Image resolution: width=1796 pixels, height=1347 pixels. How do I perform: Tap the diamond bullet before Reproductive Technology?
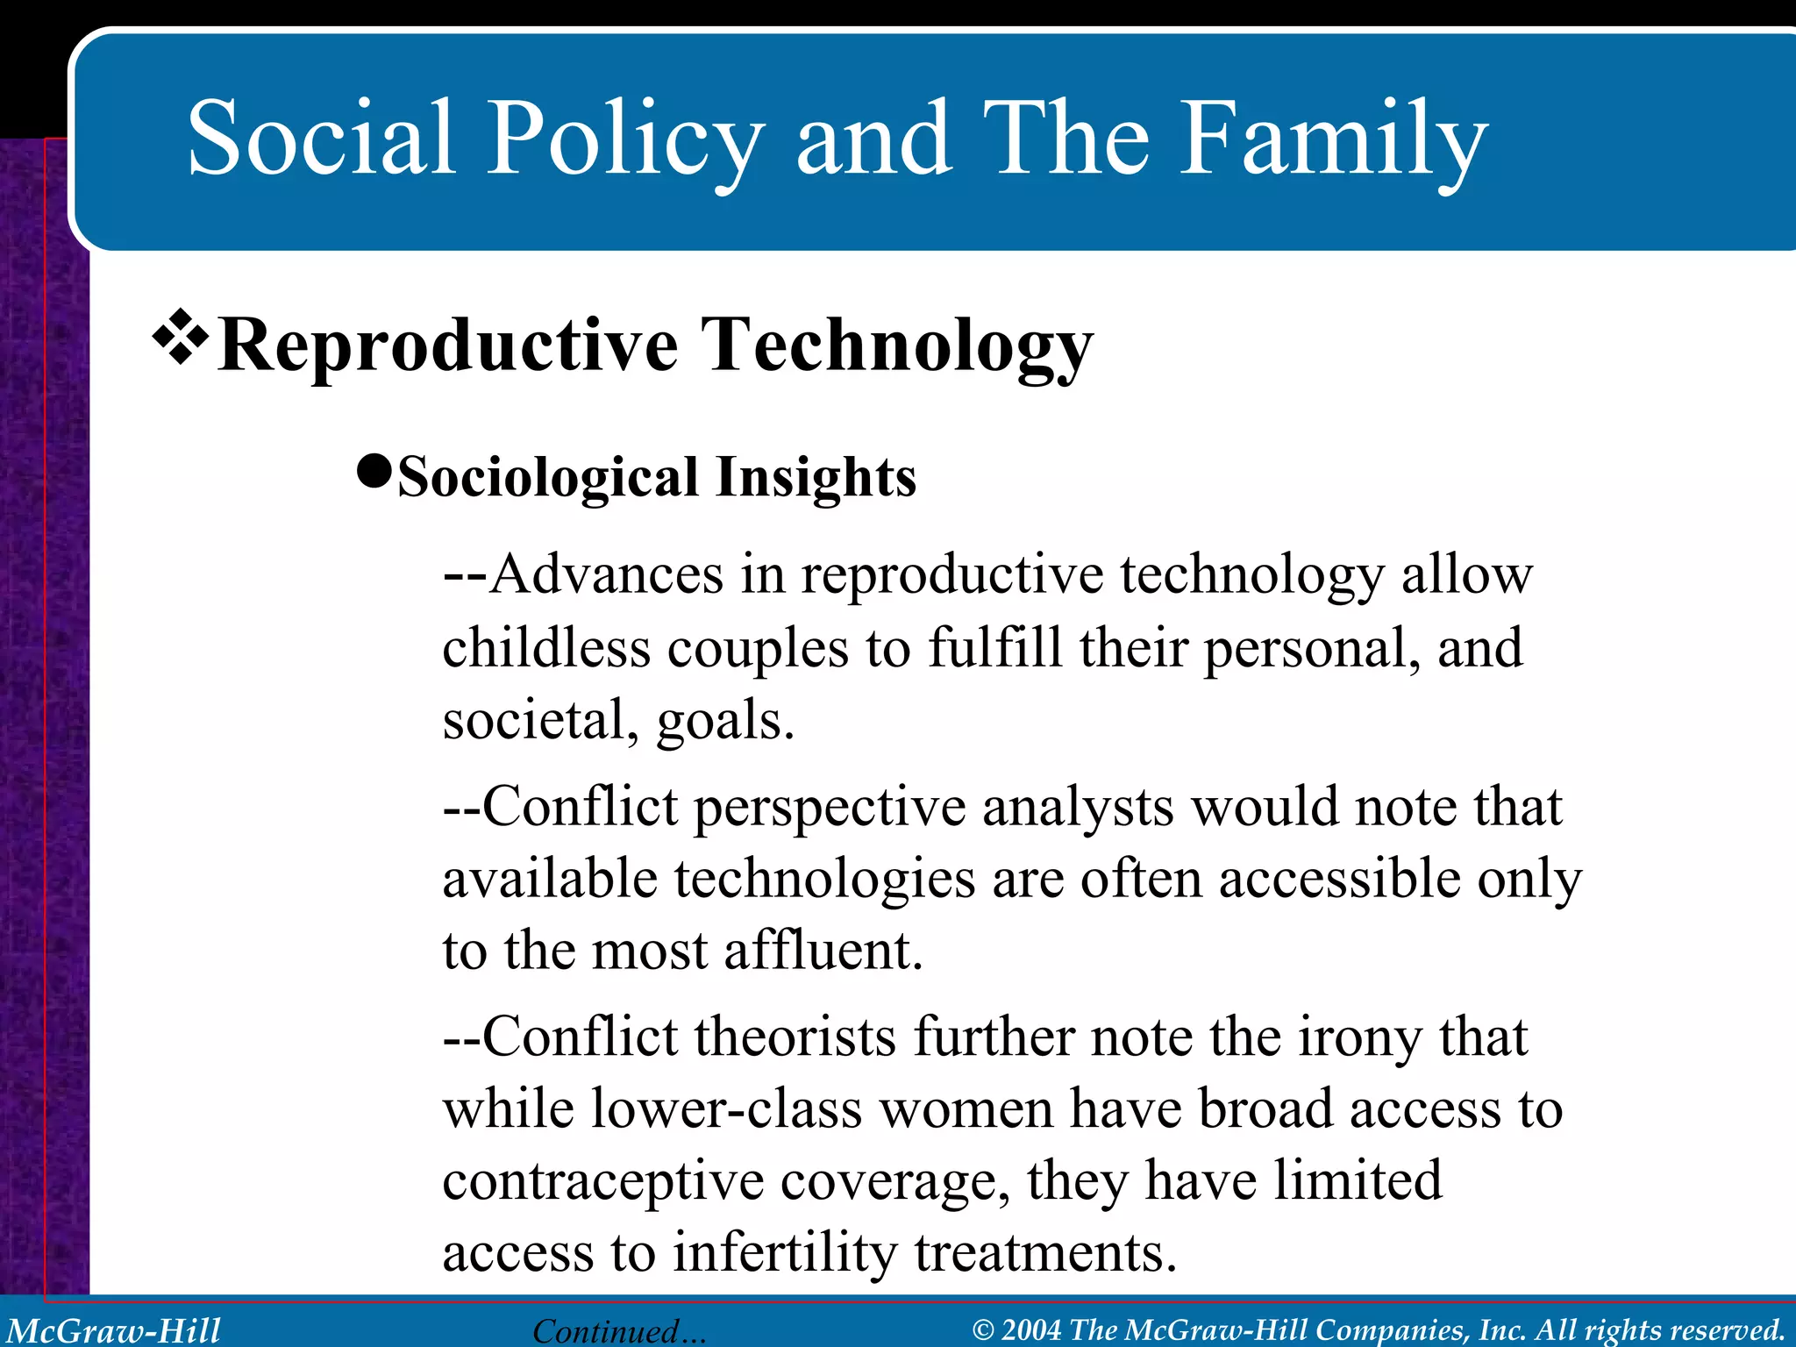pyautogui.click(x=181, y=336)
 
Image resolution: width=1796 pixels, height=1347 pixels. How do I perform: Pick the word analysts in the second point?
pyautogui.click(x=1077, y=807)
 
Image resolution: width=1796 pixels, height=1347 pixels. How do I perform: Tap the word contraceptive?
pyautogui.click(x=602, y=1182)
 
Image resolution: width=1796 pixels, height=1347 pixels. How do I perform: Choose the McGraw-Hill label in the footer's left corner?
pyautogui.click(x=114, y=1330)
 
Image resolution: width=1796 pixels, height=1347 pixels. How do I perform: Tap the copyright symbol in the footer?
pyautogui.click(x=984, y=1330)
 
